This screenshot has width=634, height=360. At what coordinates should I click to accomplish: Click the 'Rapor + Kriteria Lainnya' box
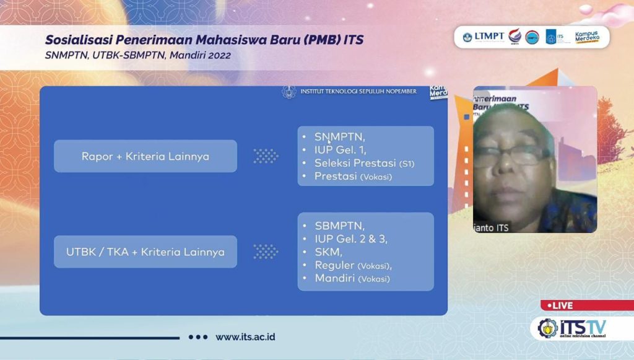tap(145, 156)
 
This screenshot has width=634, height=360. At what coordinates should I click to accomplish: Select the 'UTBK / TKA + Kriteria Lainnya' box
tap(145, 252)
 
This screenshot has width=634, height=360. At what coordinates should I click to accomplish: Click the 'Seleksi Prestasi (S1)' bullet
tap(364, 164)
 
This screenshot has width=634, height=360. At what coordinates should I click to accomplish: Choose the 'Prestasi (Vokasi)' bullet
tap(353, 177)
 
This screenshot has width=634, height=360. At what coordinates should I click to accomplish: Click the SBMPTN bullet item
tap(339, 226)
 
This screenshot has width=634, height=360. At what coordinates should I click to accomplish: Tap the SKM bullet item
tap(328, 252)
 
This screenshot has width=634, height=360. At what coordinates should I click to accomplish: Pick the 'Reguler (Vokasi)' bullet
tap(353, 265)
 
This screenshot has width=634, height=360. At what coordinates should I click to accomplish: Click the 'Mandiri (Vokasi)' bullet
tap(352, 279)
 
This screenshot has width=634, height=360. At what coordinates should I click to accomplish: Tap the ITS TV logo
tap(573, 328)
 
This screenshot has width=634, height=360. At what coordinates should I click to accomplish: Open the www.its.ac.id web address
tap(245, 337)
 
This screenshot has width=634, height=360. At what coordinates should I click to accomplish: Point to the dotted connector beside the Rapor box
tap(266, 156)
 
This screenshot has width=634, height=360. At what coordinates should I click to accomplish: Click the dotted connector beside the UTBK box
tap(266, 252)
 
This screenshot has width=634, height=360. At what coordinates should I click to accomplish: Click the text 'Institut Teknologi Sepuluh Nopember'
tap(358, 92)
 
